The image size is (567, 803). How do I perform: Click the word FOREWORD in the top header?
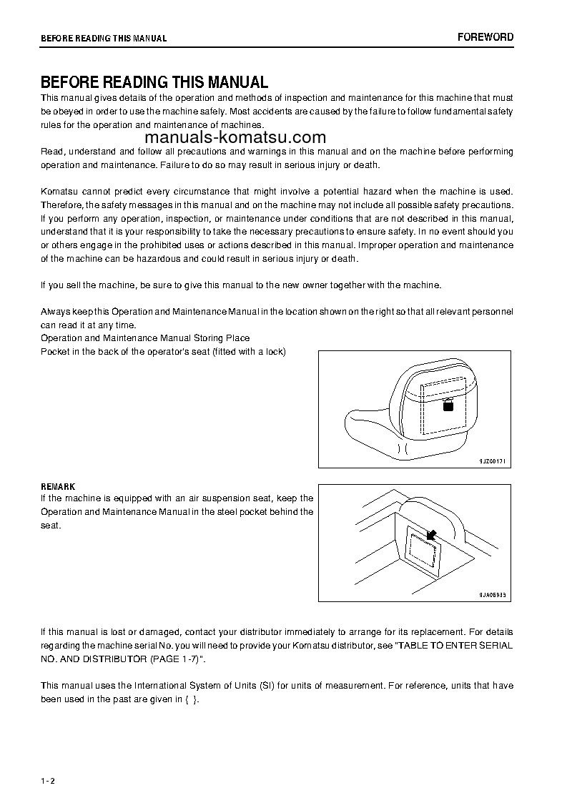(x=485, y=37)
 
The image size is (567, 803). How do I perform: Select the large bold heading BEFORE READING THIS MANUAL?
(x=154, y=82)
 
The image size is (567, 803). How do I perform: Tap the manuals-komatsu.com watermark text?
(x=235, y=138)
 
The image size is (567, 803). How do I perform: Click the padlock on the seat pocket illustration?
(x=448, y=405)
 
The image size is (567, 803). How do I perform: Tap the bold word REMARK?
(x=58, y=487)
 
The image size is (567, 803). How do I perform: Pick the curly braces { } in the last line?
(x=191, y=699)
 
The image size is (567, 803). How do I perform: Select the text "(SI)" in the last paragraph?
(x=269, y=686)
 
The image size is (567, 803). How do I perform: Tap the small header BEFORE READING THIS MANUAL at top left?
(x=104, y=39)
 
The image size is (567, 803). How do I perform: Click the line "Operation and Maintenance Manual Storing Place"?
(x=145, y=338)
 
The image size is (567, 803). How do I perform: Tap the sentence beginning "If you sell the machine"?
(x=241, y=285)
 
